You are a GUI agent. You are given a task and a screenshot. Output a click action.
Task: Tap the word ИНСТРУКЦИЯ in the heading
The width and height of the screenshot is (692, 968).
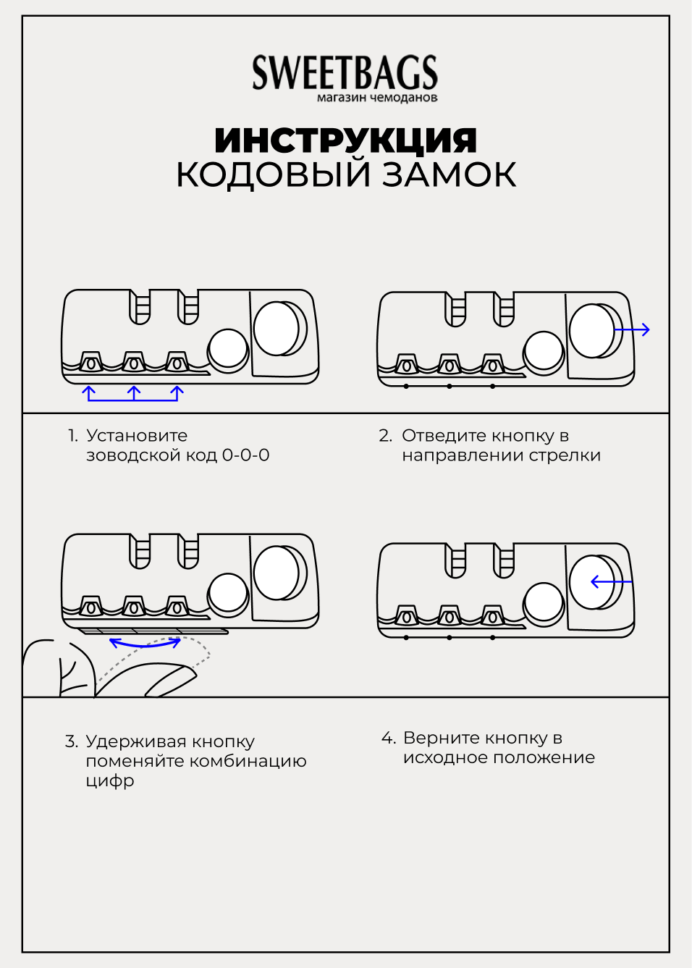(x=345, y=140)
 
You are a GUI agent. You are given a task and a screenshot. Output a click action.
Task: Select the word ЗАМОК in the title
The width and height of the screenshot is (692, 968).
(x=449, y=174)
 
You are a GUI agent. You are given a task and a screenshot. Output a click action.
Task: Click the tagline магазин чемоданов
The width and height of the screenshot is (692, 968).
(x=377, y=98)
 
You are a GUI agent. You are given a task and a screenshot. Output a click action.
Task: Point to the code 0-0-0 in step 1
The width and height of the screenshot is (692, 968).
(x=245, y=455)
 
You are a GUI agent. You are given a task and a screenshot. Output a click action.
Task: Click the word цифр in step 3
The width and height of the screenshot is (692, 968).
(x=110, y=781)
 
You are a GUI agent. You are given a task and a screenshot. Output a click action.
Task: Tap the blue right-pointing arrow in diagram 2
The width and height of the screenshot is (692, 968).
(x=633, y=330)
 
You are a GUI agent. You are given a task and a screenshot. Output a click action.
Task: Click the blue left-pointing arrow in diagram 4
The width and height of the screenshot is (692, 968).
(x=609, y=581)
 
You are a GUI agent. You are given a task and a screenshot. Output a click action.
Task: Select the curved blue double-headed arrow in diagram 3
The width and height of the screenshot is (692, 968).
(x=145, y=643)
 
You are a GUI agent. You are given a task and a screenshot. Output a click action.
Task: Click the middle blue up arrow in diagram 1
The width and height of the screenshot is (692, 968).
(x=134, y=393)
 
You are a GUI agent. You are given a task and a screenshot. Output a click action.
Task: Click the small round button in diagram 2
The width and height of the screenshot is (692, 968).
(x=543, y=350)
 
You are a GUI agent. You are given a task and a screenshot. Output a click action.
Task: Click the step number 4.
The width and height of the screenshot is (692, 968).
(x=387, y=738)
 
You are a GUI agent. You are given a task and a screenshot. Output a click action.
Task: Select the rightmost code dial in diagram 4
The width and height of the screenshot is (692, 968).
(x=493, y=618)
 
